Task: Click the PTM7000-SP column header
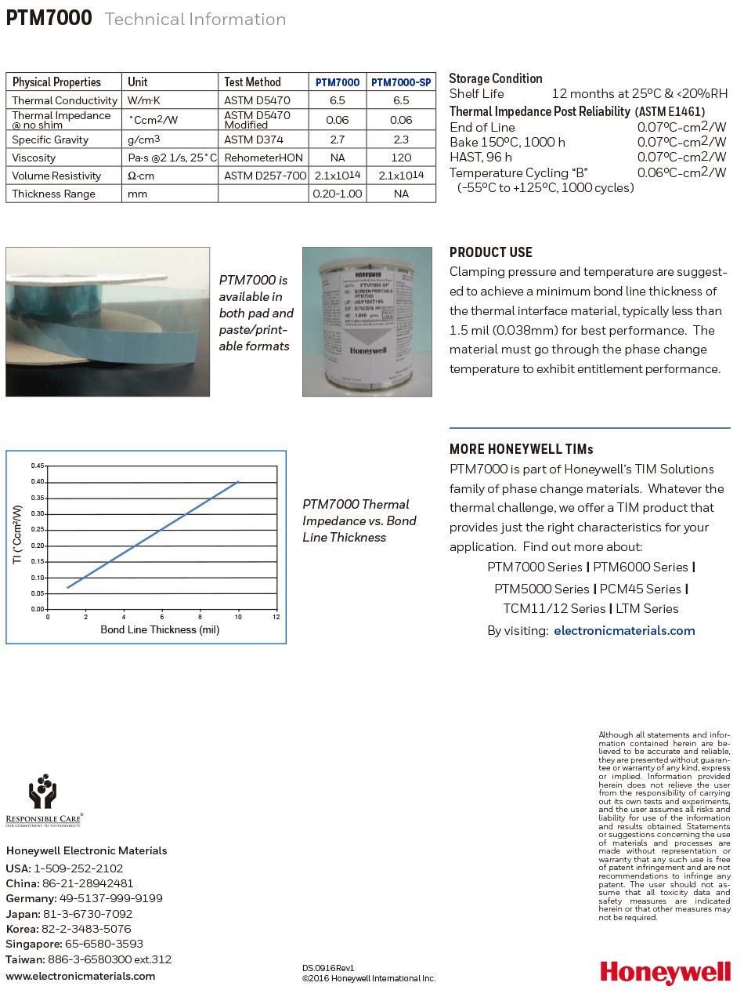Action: click(401, 82)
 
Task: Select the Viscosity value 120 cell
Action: click(401, 158)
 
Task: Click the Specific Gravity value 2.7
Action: click(338, 140)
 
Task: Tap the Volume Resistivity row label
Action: click(56, 176)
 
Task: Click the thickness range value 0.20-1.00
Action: click(338, 194)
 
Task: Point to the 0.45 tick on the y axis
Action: click(38, 466)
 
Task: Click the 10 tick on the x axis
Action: click(238, 618)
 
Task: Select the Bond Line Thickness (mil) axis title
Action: click(160, 629)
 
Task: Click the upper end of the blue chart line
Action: click(238, 482)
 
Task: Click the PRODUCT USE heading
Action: click(491, 252)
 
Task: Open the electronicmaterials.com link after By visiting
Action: click(624, 630)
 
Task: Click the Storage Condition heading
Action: click(496, 78)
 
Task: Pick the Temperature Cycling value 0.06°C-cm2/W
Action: click(681, 172)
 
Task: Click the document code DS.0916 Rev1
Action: click(328, 969)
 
